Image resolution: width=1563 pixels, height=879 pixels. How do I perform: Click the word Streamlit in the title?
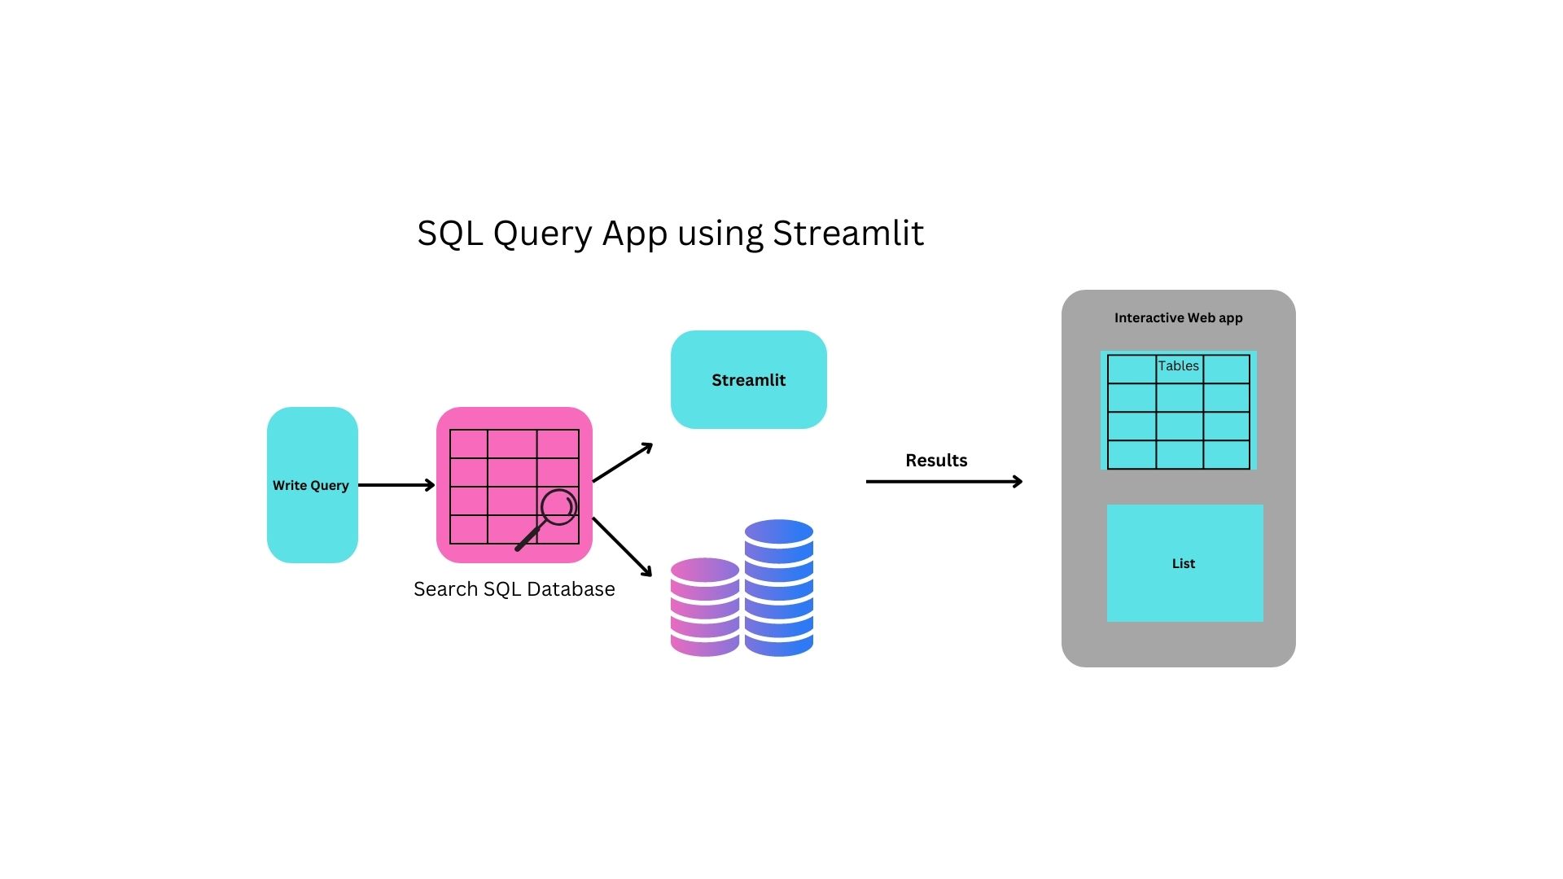coord(847,234)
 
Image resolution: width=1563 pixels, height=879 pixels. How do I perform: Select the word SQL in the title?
coord(449,234)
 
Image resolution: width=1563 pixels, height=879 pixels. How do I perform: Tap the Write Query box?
coord(312,485)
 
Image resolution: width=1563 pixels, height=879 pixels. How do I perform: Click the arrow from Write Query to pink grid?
coord(396,485)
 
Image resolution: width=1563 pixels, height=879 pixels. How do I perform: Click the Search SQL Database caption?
coord(514,589)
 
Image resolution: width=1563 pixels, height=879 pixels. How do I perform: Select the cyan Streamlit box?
coord(748,379)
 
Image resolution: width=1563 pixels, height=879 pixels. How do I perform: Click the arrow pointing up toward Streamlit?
coord(623,462)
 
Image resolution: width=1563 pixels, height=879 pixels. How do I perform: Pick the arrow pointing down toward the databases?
coord(623,547)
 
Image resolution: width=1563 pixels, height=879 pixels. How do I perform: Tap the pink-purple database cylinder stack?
coord(704,606)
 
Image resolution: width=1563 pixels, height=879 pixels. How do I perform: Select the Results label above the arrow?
coord(936,461)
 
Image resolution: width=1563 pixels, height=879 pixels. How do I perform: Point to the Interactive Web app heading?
coord(1178,318)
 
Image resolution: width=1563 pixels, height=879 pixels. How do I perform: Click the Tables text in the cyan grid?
coord(1178,366)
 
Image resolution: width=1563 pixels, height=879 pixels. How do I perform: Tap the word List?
coord(1183,564)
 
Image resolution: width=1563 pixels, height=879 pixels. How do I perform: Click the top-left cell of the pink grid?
coord(468,444)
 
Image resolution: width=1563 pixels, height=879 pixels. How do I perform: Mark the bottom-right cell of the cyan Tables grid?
coord(1226,454)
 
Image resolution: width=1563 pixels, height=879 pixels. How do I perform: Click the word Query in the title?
coord(542,234)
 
